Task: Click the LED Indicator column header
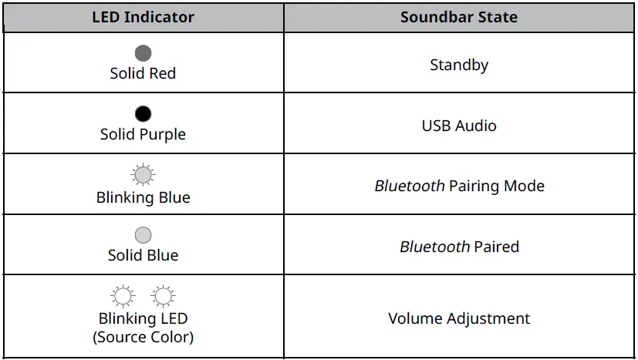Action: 143,17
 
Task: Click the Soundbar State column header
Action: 459,17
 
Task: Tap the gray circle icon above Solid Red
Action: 143,53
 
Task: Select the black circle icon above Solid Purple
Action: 143,114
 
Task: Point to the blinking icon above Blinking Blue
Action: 143,176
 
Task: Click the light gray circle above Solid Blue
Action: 143,235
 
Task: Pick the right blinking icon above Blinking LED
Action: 163,296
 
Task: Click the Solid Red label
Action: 143,73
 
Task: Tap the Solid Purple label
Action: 143,134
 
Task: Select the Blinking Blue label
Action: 143,197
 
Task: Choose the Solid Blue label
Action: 143,255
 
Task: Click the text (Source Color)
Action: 143,337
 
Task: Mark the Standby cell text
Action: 459,65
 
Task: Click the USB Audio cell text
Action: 459,126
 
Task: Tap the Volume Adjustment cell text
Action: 459,318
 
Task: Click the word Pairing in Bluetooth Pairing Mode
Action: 477,187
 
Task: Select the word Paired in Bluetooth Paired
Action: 496,247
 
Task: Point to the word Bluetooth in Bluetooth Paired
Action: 434,247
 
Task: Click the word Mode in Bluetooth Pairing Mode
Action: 525,187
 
